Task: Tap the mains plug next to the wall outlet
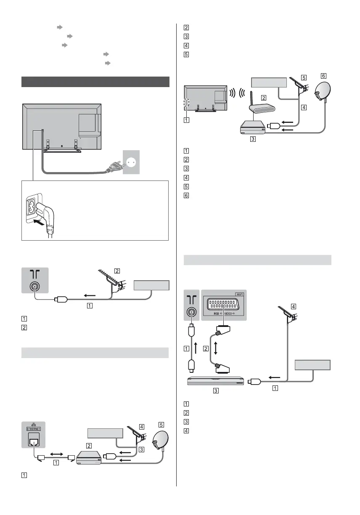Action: coord(113,167)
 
